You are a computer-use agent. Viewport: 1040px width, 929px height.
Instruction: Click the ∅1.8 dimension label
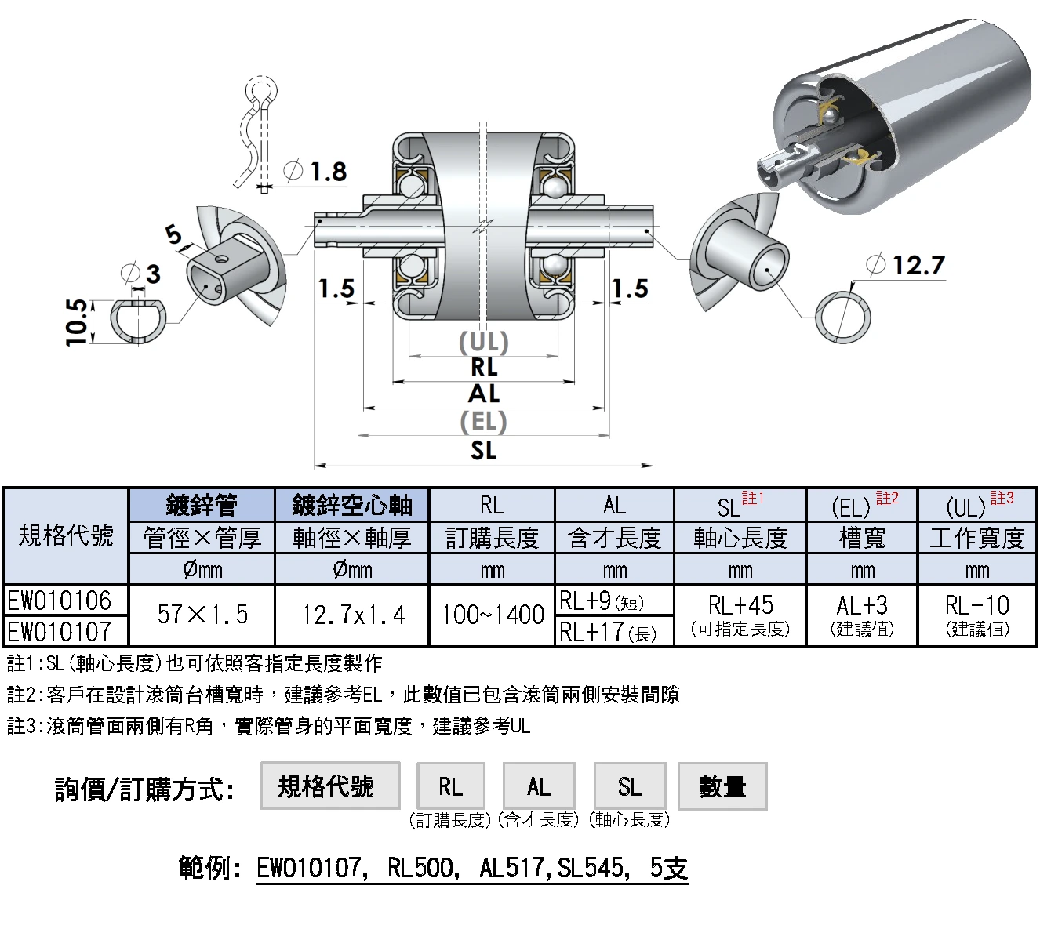pos(315,172)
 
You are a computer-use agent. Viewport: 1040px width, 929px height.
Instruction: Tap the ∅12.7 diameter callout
pos(905,265)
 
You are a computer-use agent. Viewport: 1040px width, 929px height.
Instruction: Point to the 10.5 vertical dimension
pos(77,322)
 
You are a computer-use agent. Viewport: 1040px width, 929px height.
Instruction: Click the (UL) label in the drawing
pos(484,343)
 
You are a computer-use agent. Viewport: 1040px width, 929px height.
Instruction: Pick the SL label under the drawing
pos(484,450)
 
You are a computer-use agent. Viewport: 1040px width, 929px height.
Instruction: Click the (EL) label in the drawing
pos(483,422)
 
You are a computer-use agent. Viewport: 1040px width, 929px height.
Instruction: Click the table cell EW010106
pos(66,600)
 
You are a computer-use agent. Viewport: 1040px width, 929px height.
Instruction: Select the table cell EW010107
pos(66,631)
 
